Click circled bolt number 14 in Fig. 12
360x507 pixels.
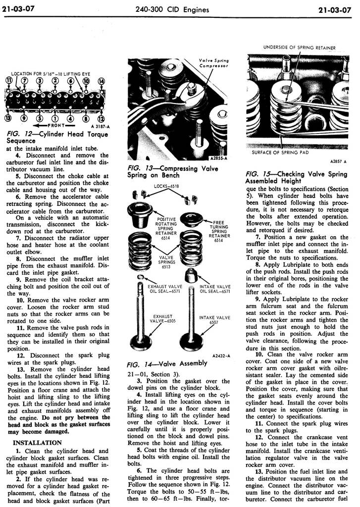click(x=101, y=81)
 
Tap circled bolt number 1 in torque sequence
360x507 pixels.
click(x=54, y=118)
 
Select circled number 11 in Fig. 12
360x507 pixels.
click(x=8, y=81)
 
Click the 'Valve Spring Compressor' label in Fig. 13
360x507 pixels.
click(x=213, y=63)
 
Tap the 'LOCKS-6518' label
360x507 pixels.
click(x=166, y=186)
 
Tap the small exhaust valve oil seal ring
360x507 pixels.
click(x=141, y=277)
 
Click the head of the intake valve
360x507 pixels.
click(x=192, y=342)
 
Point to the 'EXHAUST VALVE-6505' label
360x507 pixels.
click(x=162, y=318)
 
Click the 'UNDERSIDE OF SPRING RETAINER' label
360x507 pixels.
click(x=299, y=48)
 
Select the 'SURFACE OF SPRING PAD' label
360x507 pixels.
click(x=280, y=152)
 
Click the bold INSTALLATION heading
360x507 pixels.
click(x=37, y=442)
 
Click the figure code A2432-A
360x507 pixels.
click(x=220, y=355)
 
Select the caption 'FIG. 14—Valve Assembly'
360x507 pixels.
click(x=167, y=363)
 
